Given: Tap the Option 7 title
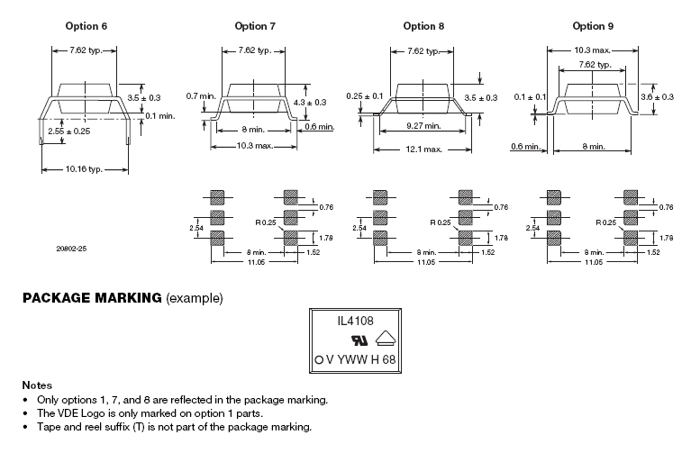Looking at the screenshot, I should (255, 26).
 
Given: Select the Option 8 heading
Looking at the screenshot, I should (423, 26).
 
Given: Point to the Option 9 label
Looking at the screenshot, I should (593, 26).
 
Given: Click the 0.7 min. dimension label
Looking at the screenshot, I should (201, 95).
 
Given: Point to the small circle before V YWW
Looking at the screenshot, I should (319, 359).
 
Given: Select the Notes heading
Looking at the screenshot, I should (37, 385).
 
